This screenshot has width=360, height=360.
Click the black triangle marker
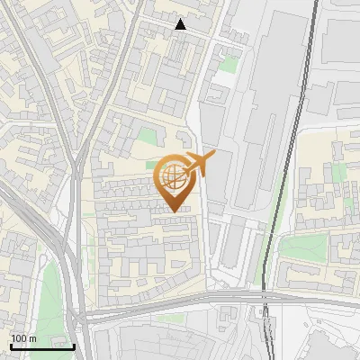click(181, 24)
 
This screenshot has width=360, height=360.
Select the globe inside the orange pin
click(172, 176)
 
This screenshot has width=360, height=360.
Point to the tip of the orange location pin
click(173, 211)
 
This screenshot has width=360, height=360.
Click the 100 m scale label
click(23, 338)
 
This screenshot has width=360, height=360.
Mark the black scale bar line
click(41, 346)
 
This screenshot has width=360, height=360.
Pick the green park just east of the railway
click(301, 247)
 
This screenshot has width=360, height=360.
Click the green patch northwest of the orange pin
click(147, 138)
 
